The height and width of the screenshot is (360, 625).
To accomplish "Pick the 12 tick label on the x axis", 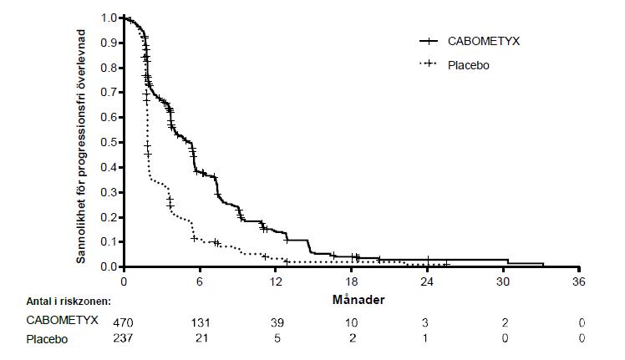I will (x=276, y=281).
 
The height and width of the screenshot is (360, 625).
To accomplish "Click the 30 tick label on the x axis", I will (x=505, y=281).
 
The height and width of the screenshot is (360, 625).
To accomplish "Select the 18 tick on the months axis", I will (x=352, y=281).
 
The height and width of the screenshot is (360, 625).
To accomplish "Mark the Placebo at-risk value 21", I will (x=201, y=338).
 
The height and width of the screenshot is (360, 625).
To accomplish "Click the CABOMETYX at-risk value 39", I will (x=276, y=322).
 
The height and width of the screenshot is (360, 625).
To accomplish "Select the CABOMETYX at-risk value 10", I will (x=352, y=322).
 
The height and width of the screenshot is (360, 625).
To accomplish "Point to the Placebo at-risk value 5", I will (x=276, y=338).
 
